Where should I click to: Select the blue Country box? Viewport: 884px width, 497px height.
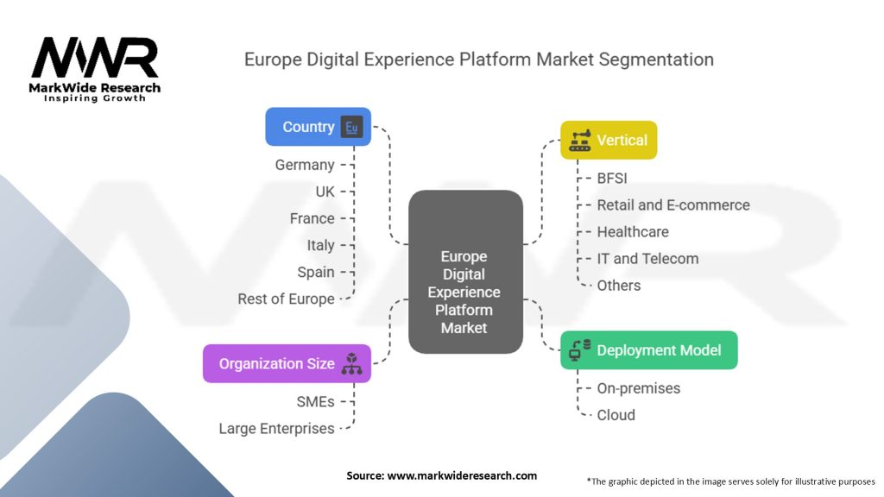pos(318,127)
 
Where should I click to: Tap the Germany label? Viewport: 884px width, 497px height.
pos(305,164)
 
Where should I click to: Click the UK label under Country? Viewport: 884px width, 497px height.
pos(325,192)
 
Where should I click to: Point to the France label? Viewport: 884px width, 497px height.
pos(312,218)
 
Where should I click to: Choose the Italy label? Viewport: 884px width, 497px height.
pos(320,245)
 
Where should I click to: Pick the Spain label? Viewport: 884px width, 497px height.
pos(315,272)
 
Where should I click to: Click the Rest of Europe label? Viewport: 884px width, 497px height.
pos(286,299)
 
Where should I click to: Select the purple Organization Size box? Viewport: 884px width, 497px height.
pos(287,363)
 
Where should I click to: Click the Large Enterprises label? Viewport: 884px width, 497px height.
pos(276,428)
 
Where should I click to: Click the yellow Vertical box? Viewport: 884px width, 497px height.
pos(609,140)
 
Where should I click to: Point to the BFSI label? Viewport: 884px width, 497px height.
pos(612,179)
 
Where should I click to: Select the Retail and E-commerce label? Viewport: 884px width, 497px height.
pos(673,205)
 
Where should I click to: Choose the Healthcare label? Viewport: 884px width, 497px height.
pos(633,231)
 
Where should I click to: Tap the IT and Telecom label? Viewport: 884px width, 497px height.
pos(647,258)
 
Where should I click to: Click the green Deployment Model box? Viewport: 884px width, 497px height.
pos(648,350)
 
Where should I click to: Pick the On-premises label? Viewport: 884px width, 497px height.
pos(638,388)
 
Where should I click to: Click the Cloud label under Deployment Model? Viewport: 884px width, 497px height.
pos(616,415)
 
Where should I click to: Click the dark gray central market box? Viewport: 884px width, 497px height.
pos(464,272)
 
